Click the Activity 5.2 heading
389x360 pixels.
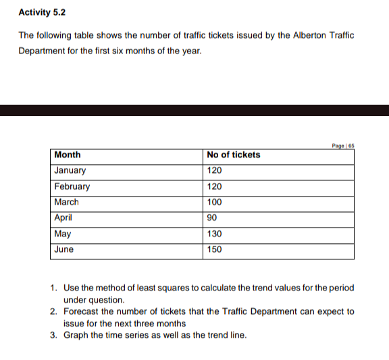42,12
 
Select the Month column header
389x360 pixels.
68,155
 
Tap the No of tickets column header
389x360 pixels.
234,155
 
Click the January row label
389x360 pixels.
70,171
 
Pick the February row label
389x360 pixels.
72,186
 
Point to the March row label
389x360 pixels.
66,202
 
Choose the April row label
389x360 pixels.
63,217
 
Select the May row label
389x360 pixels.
62,234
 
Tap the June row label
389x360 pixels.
63,249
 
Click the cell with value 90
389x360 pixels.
213,217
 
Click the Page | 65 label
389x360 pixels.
344,145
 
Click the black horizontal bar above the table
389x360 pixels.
194,110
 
